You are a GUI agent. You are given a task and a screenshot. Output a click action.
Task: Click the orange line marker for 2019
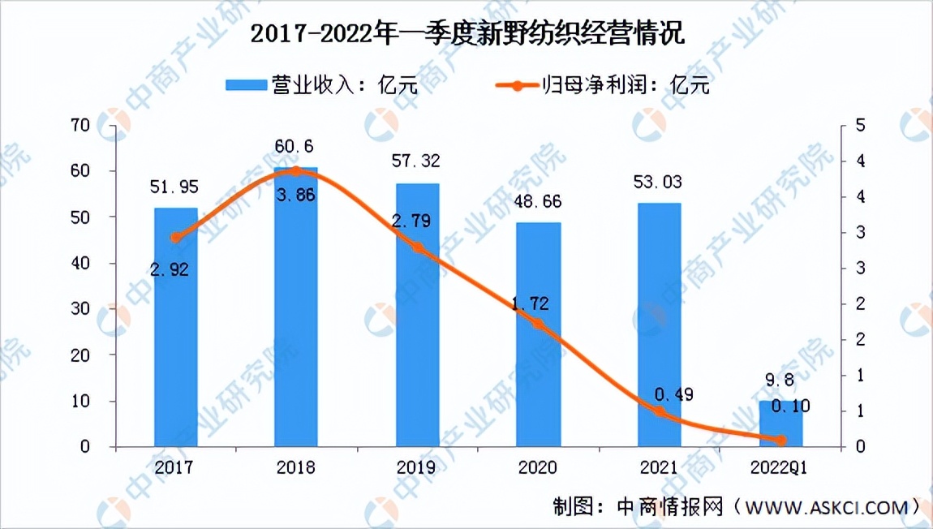(417, 247)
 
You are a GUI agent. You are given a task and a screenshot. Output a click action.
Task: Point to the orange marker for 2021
(659, 412)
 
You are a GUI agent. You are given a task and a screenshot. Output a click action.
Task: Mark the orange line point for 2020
(538, 324)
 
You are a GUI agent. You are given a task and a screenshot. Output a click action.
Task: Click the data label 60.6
(295, 147)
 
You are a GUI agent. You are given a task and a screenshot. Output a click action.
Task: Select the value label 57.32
(417, 162)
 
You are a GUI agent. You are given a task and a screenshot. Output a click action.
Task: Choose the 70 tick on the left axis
(80, 125)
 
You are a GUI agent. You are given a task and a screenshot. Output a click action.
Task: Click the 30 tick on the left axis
(80, 309)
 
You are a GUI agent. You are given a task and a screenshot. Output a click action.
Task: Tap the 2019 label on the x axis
(417, 467)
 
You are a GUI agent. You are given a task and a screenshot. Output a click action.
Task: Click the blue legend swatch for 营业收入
(245, 84)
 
